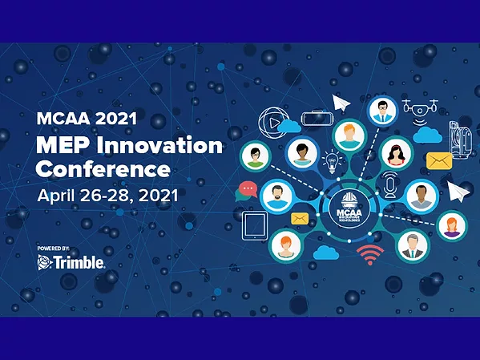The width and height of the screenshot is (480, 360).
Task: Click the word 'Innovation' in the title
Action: (166, 147)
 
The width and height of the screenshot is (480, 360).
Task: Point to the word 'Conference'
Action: (103, 170)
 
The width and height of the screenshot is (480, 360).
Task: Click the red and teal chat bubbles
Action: (247, 191)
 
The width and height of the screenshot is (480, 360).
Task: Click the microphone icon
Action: (390, 184)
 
